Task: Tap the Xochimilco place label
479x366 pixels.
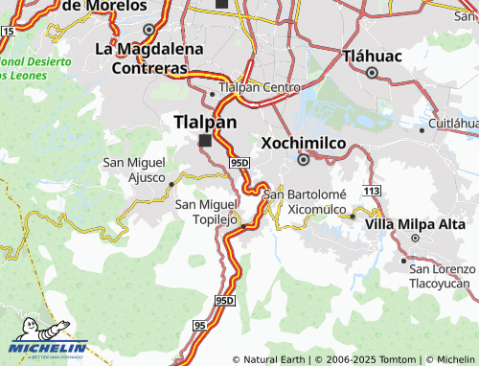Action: coord(303,143)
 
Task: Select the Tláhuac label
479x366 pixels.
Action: coord(374,55)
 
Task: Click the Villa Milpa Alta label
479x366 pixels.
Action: coord(407,224)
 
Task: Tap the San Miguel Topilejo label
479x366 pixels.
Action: coord(206,211)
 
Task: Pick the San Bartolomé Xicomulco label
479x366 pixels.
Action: coord(310,201)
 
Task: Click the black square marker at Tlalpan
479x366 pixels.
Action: coord(204,141)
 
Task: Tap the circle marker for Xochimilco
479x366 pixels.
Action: coord(303,160)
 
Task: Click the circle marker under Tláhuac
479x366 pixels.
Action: coord(373,72)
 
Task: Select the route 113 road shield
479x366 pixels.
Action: coord(372,192)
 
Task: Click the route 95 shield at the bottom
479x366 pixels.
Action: coord(199,327)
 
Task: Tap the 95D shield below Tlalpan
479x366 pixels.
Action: coord(239,163)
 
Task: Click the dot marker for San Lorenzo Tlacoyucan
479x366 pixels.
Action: coord(404,260)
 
